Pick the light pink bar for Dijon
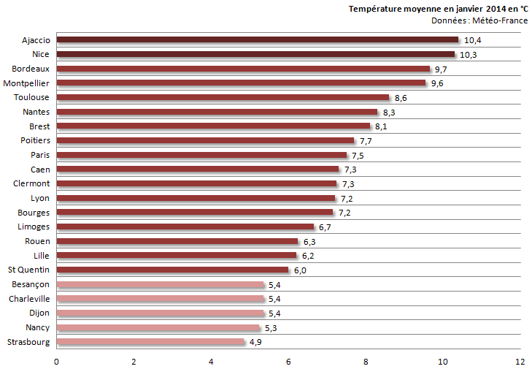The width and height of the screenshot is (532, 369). pos(160,313)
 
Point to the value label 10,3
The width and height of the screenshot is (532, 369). pos(468,55)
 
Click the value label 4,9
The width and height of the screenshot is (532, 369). pos(256,342)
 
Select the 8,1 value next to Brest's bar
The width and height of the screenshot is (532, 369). pos(380,126)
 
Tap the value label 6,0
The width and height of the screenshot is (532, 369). pos(299,270)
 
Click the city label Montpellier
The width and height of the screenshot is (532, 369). pos(26,83)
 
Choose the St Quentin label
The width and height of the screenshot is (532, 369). pos(29,270)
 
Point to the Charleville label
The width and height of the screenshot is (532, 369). pos(29,298)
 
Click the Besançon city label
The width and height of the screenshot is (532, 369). pos(31,284)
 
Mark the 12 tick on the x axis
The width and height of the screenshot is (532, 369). pos(520,361)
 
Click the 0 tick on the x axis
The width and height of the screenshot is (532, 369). pos(56,361)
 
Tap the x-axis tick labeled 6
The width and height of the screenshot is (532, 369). pos(288,361)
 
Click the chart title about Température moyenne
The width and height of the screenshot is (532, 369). pos(438,9)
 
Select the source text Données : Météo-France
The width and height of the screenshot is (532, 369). pos(479,20)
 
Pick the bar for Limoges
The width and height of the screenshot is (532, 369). pos(185,227)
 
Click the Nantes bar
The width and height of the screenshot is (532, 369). pos(217,112)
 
